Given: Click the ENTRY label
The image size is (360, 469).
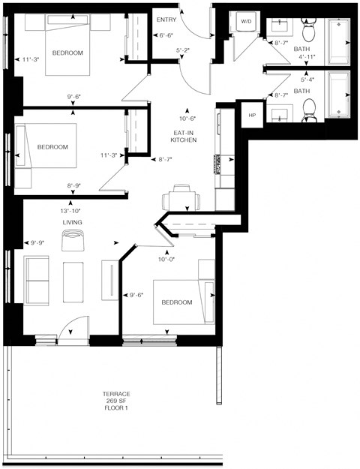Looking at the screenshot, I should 166,20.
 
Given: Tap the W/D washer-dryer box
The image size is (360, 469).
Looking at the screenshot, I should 245,22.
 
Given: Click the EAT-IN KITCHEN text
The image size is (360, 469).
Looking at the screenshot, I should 184,136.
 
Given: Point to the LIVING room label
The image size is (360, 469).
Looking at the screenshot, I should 71,223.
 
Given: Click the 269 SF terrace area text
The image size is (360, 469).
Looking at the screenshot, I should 116,402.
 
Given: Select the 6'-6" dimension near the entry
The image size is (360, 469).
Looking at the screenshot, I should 166,35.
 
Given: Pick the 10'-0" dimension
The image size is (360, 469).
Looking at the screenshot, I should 166,260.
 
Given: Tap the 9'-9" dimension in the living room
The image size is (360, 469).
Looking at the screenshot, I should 38,242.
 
